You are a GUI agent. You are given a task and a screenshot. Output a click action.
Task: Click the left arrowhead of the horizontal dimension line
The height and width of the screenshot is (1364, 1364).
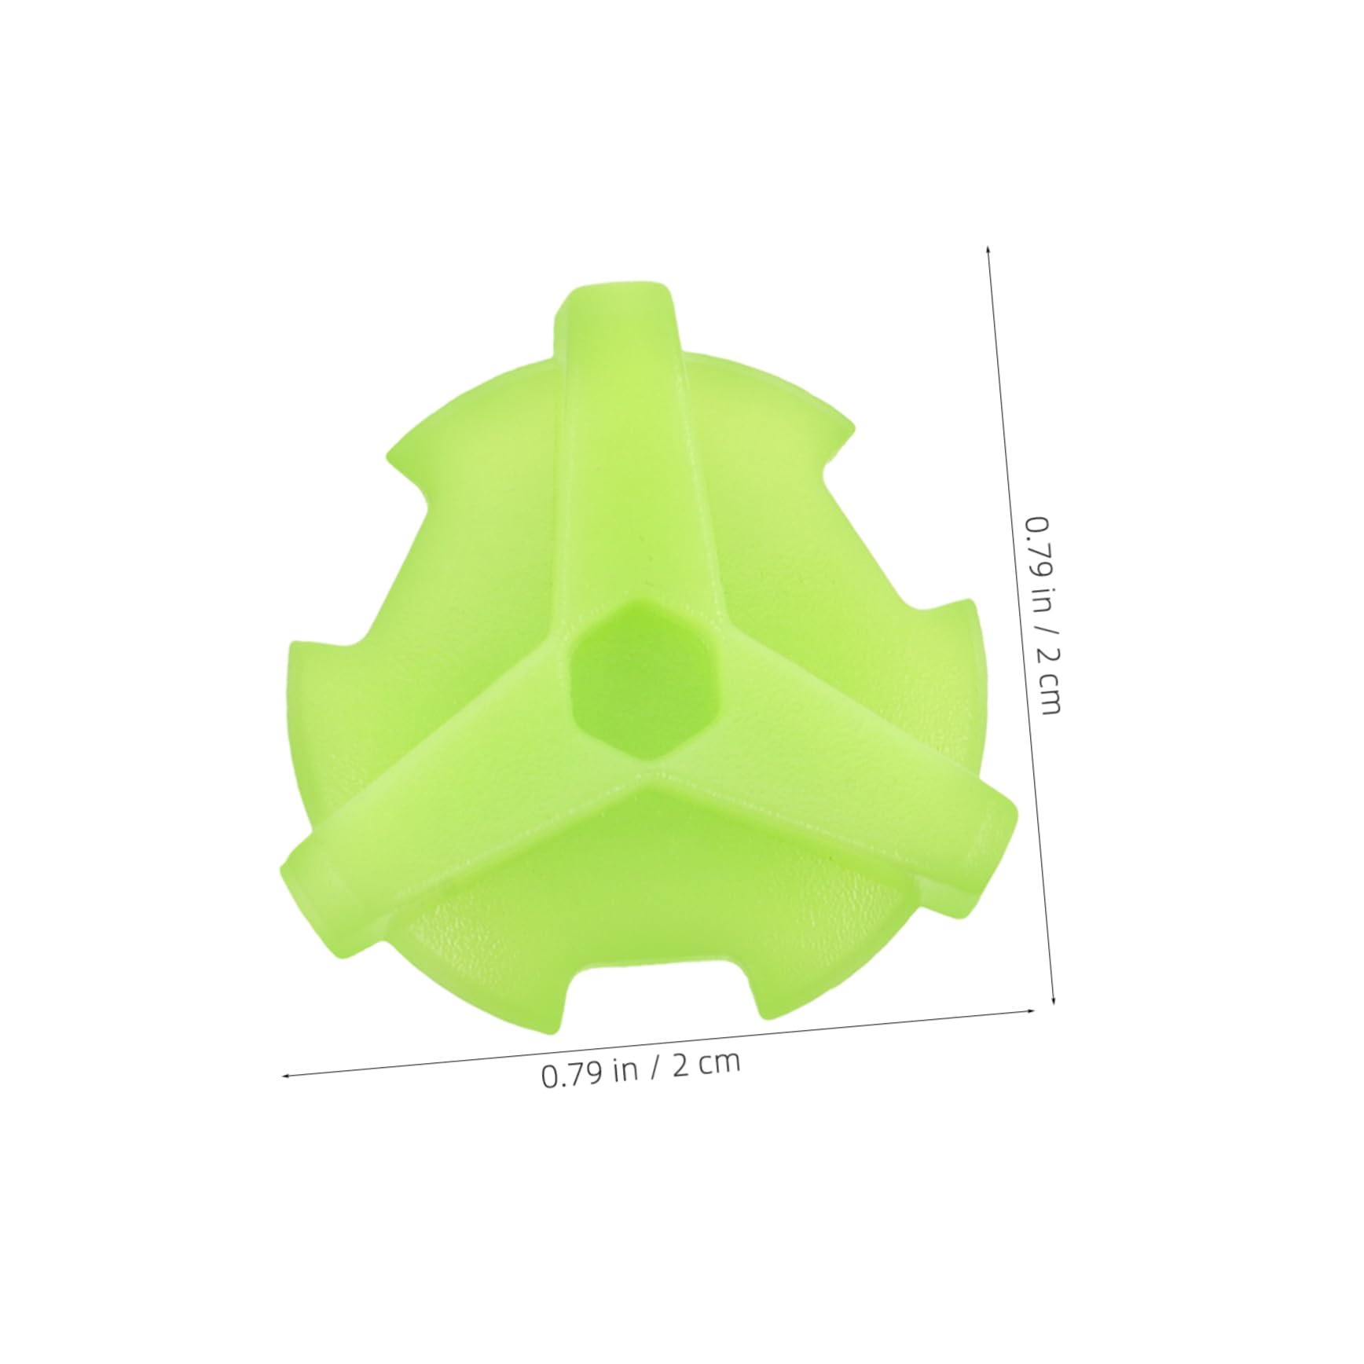[286, 1076]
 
